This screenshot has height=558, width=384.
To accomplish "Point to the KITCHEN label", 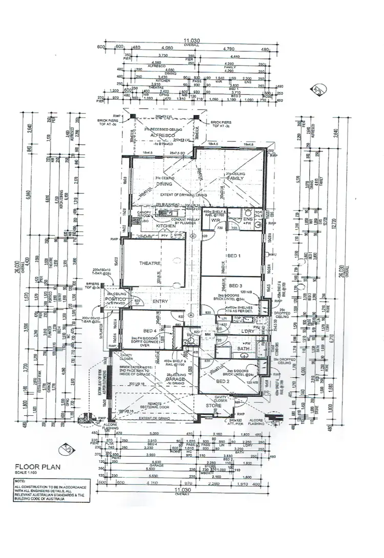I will tap(165, 226).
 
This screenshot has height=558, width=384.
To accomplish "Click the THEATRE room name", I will tap(150, 263).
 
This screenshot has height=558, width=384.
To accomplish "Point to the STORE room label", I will tap(214, 406).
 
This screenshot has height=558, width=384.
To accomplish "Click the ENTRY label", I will tap(160, 302).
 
